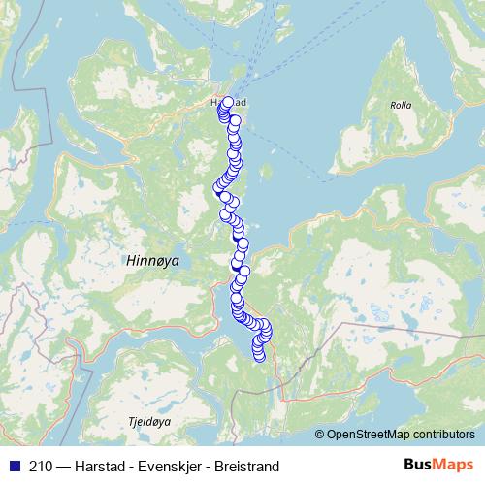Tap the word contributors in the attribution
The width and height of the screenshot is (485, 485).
pyautogui.click(x=441, y=435)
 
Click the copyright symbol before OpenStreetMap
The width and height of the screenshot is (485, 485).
pyautogui.click(x=319, y=435)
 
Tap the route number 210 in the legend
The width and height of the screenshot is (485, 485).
pyautogui.click(x=41, y=464)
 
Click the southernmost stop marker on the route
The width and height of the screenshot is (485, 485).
pyautogui.click(x=259, y=357)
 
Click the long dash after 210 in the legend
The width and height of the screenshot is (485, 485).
pyautogui.click(x=63, y=464)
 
